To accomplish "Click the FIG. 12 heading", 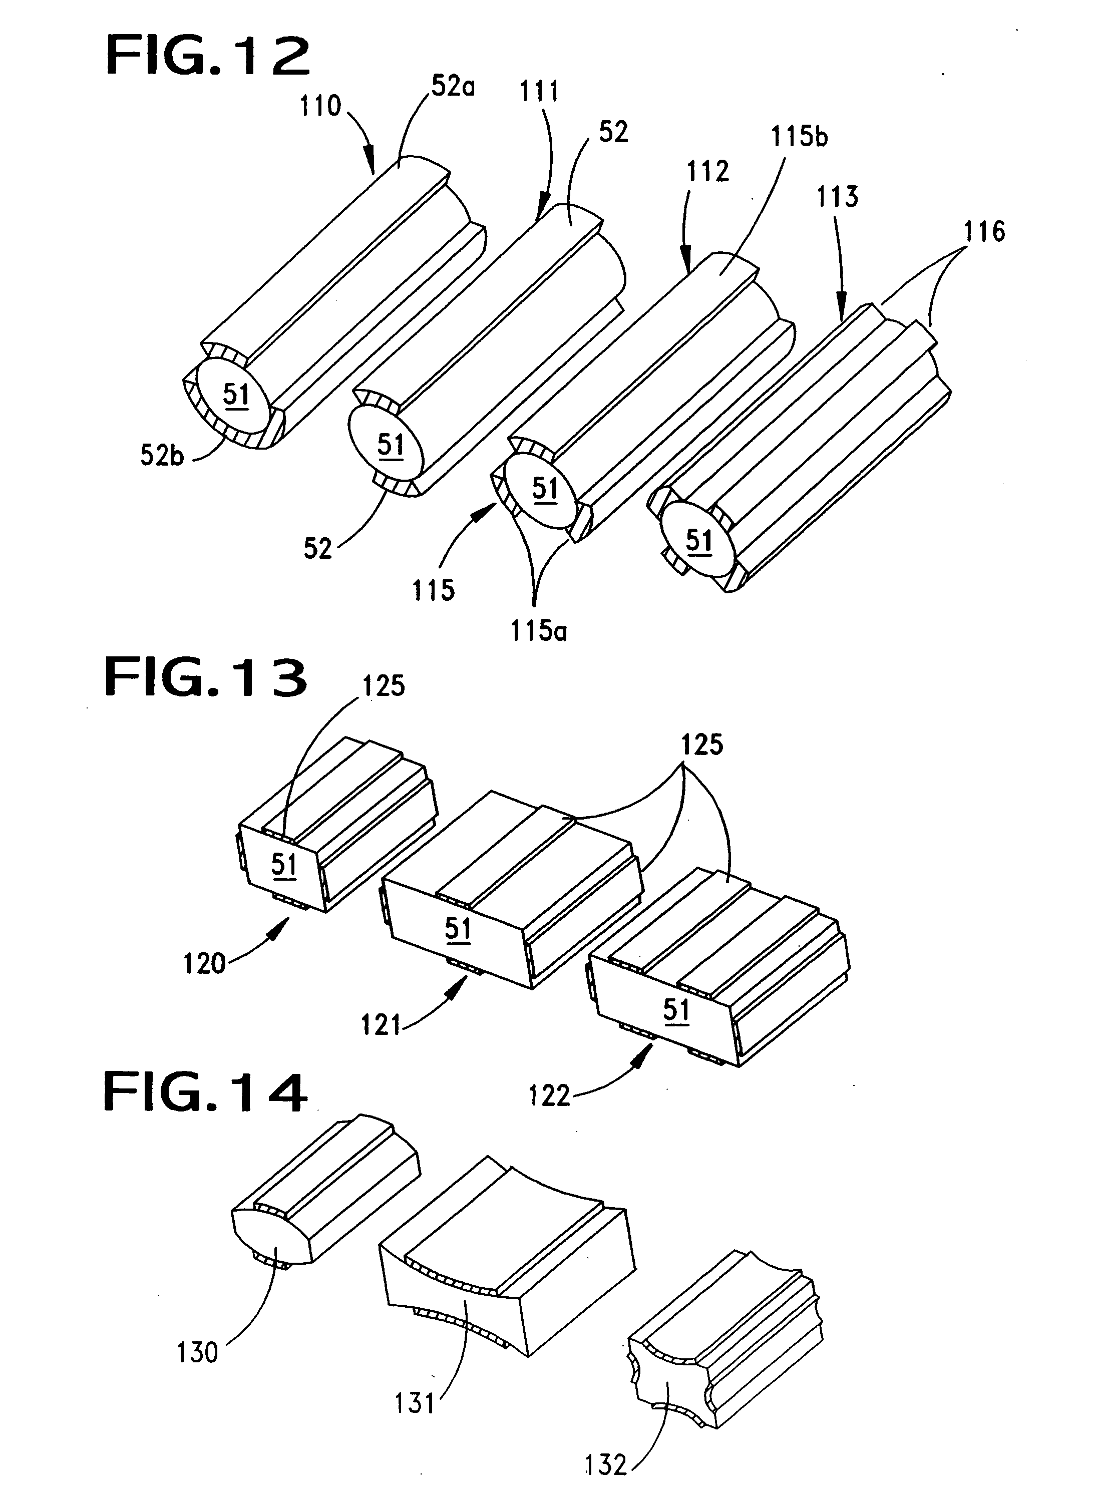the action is pyautogui.click(x=207, y=57).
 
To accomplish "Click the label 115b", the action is pyautogui.click(x=800, y=137).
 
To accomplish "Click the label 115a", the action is pyautogui.click(x=539, y=631).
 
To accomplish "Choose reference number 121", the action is pyautogui.click(x=381, y=1026).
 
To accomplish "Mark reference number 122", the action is pyautogui.click(x=549, y=1096).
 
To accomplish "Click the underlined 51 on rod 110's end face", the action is pyautogui.click(x=236, y=396).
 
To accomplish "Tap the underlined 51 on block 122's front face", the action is pyautogui.click(x=676, y=1010).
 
